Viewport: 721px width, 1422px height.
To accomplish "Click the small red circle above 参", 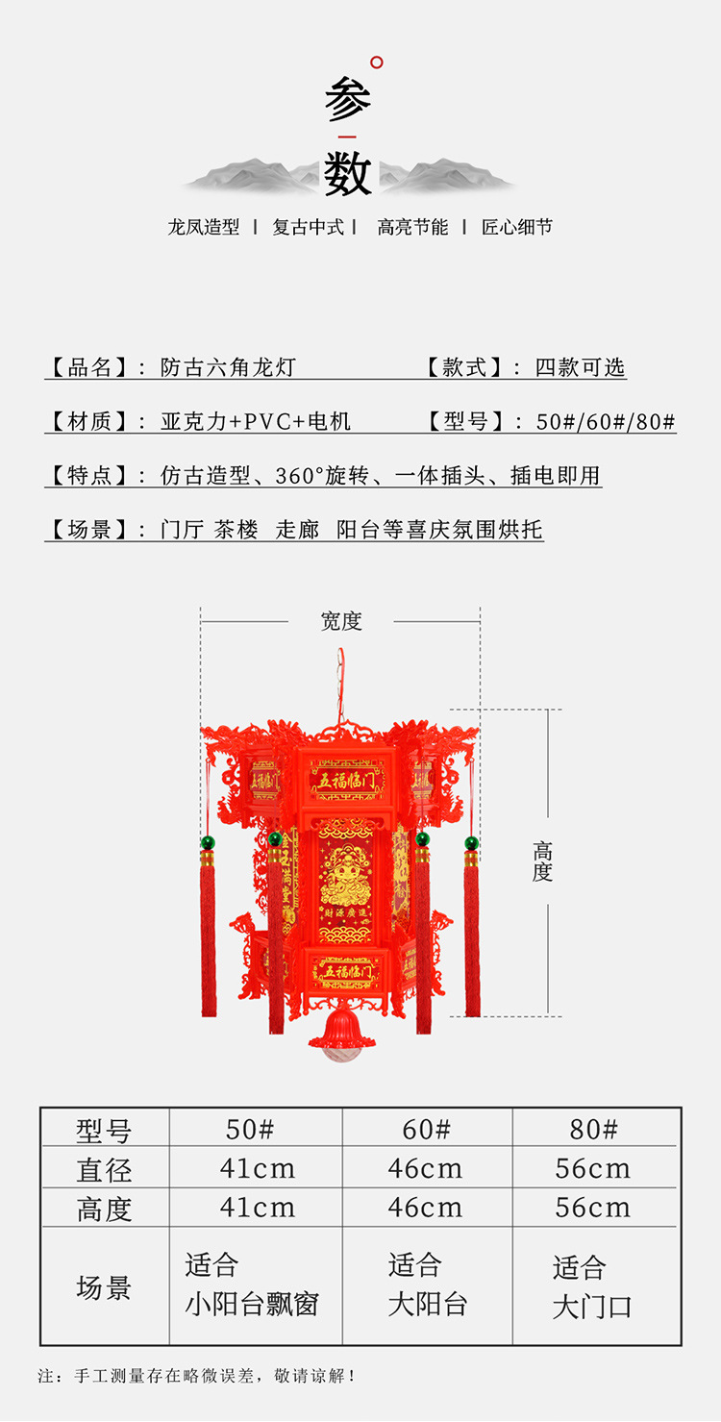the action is tap(377, 62).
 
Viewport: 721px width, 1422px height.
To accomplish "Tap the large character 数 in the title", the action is tap(347, 174).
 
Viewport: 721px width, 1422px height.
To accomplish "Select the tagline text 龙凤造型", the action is tap(204, 228).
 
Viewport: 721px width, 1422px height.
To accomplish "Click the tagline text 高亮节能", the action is tap(412, 228).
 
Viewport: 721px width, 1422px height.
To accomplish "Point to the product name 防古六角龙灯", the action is tap(228, 367).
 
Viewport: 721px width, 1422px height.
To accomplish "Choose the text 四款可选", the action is tap(580, 367).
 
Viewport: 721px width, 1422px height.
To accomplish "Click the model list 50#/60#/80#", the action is tap(606, 421).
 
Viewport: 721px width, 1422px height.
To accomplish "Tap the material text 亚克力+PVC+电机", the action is tap(256, 421).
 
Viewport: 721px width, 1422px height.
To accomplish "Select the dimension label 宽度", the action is tap(341, 622).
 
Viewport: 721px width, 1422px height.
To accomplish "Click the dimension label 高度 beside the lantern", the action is tap(543, 861).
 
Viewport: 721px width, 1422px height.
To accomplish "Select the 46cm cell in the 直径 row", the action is tap(426, 1169).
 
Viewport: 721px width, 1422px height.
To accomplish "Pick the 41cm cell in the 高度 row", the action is tap(258, 1208).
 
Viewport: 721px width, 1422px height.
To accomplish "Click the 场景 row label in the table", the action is tap(104, 1287).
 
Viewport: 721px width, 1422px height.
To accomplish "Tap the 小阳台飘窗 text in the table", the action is tap(252, 1305).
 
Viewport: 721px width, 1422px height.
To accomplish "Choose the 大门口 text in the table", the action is tap(592, 1308).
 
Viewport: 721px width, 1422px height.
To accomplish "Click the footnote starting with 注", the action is tap(197, 1376).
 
